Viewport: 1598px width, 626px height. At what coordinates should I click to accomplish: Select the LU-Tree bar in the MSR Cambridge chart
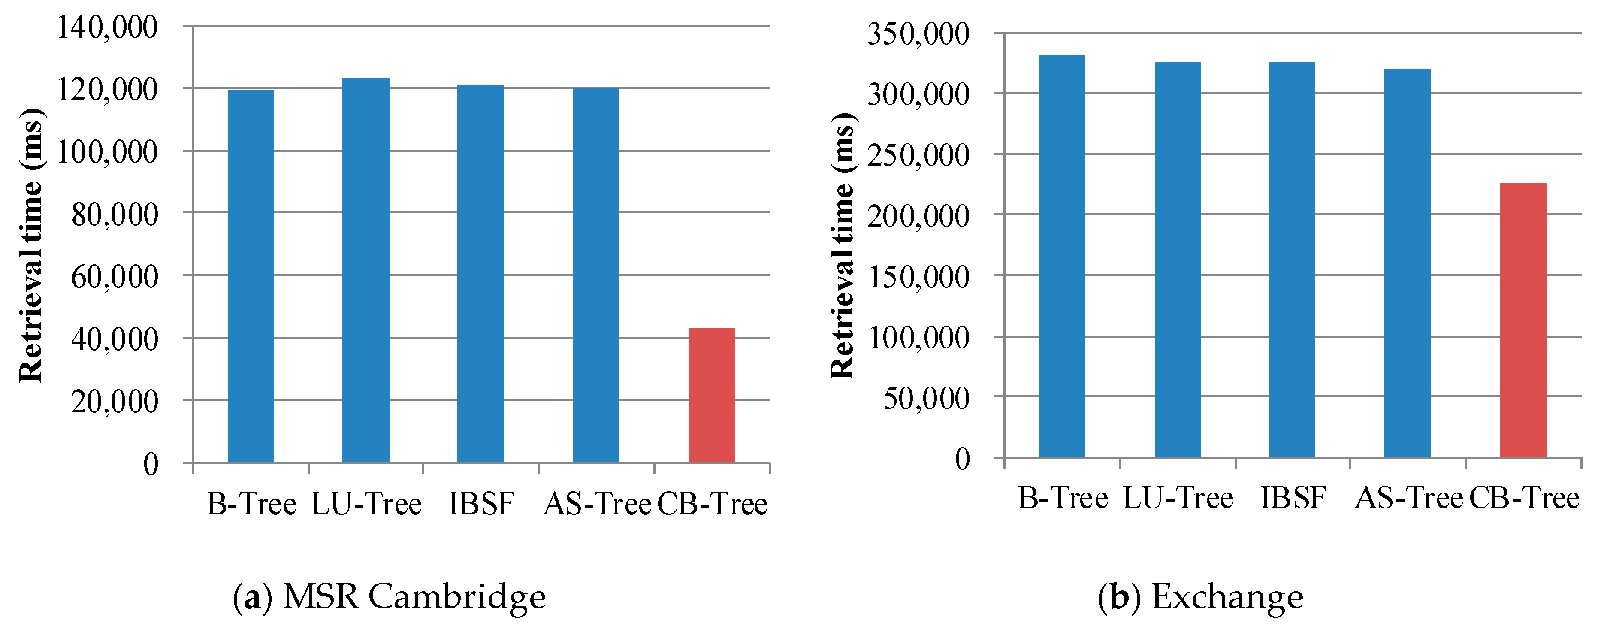(366, 270)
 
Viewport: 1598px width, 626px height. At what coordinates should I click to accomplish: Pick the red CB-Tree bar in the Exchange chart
(1522, 320)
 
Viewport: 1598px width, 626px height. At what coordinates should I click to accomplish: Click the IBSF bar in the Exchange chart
(1292, 259)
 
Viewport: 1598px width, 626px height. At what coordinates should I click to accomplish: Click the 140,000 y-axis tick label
(107, 27)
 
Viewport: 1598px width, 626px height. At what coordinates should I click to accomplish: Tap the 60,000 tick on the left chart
(115, 276)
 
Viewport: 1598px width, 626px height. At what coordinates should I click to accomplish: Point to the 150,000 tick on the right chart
(918, 277)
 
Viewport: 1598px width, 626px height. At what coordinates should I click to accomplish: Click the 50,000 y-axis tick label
(925, 398)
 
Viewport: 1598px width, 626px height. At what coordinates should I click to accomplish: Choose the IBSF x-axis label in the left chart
(481, 503)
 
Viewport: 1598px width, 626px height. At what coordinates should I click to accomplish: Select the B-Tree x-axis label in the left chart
(251, 503)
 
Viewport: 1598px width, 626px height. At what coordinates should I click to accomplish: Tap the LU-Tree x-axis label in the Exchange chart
(1178, 498)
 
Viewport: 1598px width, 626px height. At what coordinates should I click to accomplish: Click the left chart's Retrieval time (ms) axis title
(31, 245)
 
